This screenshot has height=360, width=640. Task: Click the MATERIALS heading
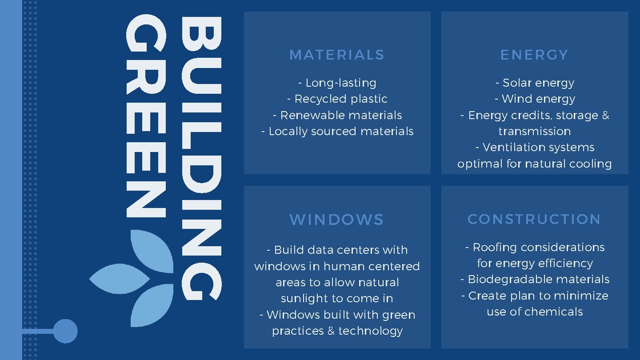(x=336, y=55)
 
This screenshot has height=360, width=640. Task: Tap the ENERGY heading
(x=534, y=55)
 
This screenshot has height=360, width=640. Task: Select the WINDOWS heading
(x=336, y=220)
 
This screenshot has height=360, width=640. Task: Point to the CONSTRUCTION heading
(x=534, y=219)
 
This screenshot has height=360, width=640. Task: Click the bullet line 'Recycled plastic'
(x=337, y=99)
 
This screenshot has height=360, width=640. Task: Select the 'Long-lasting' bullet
(x=337, y=83)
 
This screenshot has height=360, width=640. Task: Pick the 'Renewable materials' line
(x=337, y=116)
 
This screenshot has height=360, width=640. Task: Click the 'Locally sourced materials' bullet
(x=337, y=132)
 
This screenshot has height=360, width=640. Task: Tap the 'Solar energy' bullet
(x=535, y=83)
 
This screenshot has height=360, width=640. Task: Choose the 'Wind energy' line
(x=535, y=99)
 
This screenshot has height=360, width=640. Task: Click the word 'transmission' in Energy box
(x=535, y=132)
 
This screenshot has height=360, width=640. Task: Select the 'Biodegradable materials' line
(x=535, y=280)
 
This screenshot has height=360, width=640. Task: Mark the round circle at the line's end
(x=65, y=331)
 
